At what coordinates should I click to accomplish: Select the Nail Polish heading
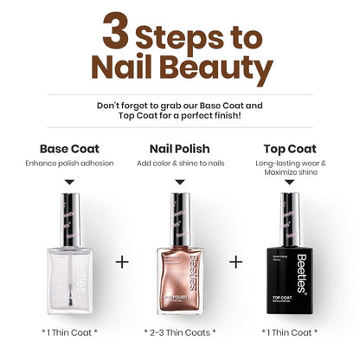(179, 148)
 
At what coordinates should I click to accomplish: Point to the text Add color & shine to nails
(179, 164)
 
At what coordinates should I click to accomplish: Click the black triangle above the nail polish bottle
(179, 183)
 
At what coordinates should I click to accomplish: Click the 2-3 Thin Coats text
(179, 332)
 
